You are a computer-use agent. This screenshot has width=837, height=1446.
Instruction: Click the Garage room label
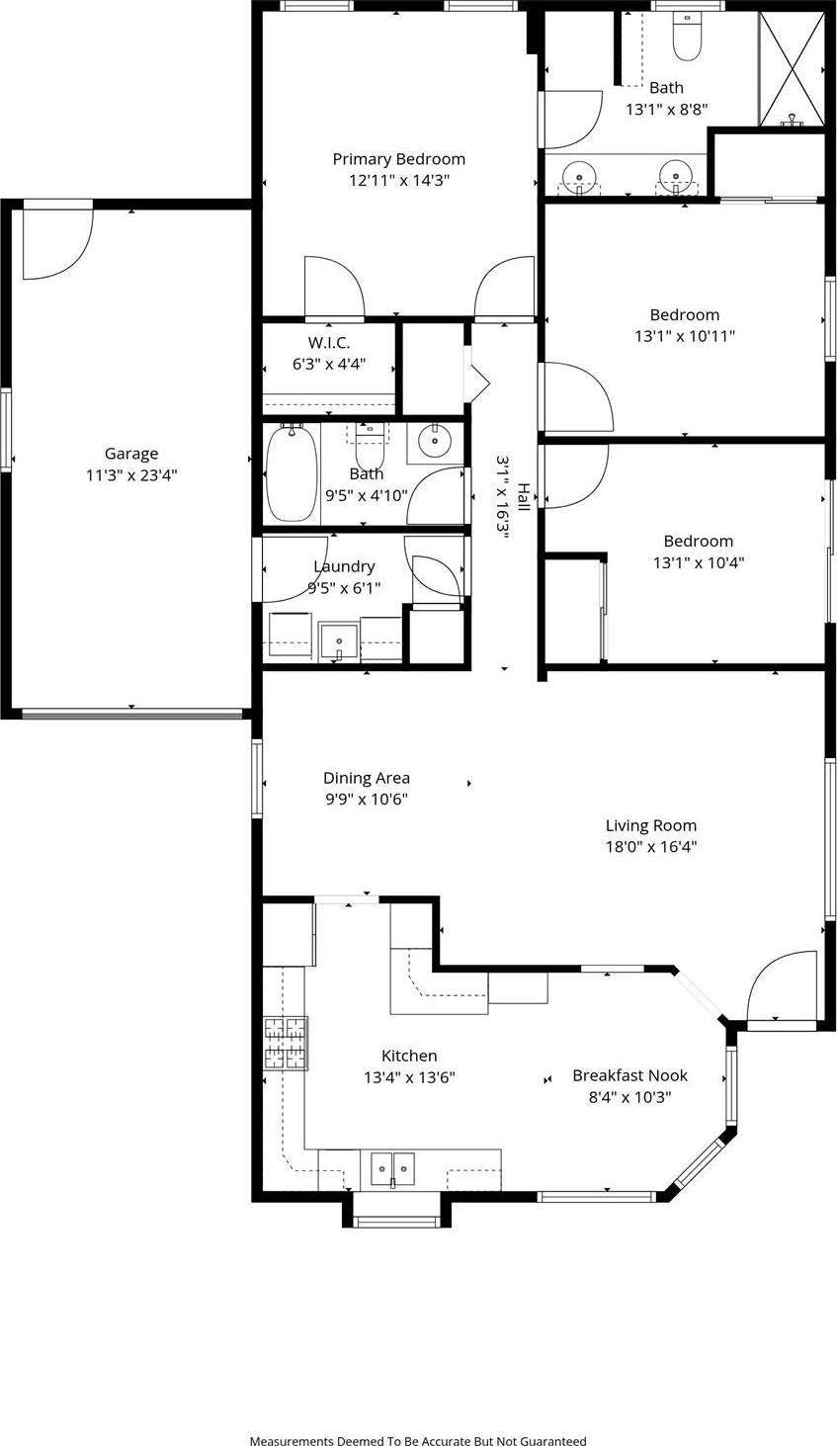point(131,454)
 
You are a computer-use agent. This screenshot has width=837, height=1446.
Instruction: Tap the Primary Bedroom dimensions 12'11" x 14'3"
point(398,181)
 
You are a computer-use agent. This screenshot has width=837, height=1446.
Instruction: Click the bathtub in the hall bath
point(292,473)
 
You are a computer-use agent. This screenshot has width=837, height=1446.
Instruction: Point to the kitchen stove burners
point(286,1044)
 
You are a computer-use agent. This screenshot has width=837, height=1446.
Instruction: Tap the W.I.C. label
point(329,343)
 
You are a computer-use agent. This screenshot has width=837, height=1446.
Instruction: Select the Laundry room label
point(344,566)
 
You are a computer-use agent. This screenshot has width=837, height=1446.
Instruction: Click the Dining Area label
point(367,778)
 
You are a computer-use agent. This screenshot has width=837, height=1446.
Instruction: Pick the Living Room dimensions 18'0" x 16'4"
point(651,846)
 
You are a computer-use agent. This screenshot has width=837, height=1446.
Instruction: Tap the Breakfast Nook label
point(629,1075)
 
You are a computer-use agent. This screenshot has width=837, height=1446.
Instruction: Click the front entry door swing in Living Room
point(784,986)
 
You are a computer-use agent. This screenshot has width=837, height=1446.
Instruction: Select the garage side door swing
point(57,243)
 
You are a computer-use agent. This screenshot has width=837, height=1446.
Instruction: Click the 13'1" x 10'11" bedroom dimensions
point(684,336)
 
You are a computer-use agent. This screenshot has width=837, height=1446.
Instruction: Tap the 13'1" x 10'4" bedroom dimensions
point(698,562)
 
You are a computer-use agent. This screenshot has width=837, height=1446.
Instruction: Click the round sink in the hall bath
point(434,442)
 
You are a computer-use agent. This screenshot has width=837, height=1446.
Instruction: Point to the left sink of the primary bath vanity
point(578,176)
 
